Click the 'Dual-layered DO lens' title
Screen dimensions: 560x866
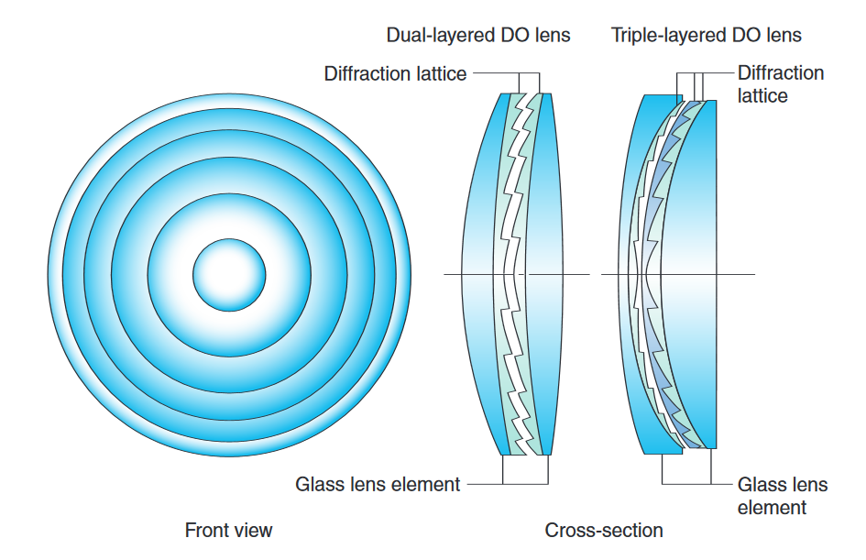pos(477,36)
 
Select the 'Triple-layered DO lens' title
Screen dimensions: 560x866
pos(706,36)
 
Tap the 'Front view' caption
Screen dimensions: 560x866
pos(228,530)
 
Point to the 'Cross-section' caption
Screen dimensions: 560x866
pos(604,530)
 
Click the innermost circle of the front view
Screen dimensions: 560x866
pos(229,273)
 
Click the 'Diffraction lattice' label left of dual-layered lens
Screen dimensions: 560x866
pos(395,73)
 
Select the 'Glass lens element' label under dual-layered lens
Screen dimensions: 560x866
pos(378,484)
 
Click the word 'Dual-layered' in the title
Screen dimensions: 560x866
pos(436,36)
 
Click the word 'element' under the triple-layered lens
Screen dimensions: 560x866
pos(772,507)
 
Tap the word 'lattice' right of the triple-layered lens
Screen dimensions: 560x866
pos(762,94)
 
